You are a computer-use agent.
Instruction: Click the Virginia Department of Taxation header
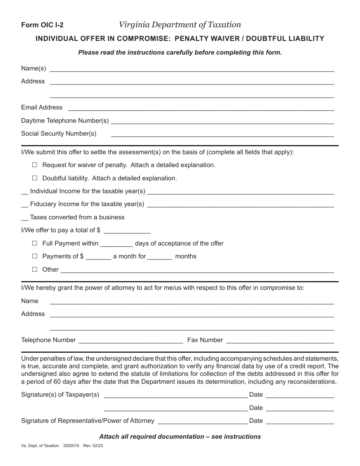180,25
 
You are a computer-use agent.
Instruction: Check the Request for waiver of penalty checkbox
35,165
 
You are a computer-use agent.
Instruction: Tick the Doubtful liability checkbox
35,178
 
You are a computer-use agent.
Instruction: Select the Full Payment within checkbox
35,243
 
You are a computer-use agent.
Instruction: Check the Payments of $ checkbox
35,256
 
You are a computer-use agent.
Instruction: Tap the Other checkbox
35,269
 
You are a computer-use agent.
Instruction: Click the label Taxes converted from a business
77,217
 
